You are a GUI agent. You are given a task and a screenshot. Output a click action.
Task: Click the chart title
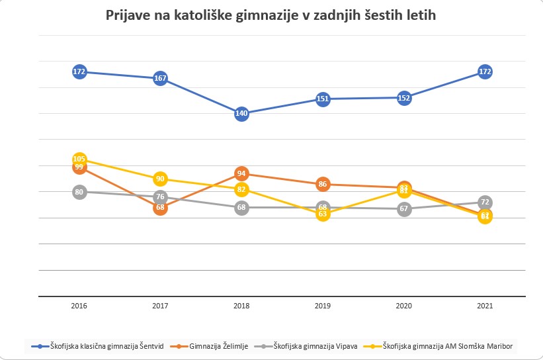tap(271, 15)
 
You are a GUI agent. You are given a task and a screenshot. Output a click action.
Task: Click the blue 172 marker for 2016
tap(79, 71)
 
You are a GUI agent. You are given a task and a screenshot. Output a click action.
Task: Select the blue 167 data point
tap(160, 79)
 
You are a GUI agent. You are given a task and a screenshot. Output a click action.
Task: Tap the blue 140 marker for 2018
tap(241, 113)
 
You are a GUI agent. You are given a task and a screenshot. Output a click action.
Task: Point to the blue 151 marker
tap(323, 99)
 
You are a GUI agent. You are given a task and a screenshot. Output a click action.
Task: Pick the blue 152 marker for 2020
tap(404, 98)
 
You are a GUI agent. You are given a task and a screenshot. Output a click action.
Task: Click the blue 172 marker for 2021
tap(485, 71)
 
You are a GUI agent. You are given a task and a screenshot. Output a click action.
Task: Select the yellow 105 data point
tap(79, 159)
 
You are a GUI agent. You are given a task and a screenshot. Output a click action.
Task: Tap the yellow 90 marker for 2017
tap(160, 179)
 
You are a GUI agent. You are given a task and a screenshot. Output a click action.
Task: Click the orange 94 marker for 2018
tap(241, 173)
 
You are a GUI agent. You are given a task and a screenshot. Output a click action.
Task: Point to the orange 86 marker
tap(323, 184)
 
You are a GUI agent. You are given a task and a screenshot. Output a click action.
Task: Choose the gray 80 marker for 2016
tap(79, 192)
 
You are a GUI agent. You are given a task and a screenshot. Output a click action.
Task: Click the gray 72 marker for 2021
tap(485, 202)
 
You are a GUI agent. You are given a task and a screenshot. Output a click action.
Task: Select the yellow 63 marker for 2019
tap(323, 214)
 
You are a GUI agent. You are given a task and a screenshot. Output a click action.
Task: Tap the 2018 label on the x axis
tap(241, 306)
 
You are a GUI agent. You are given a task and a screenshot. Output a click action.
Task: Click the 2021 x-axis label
tap(485, 306)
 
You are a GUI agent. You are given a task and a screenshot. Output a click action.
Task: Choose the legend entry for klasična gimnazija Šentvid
tap(99, 345)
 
